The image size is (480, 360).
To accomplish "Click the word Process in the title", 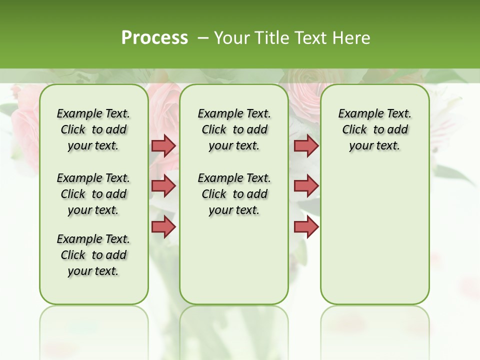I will pos(154,38).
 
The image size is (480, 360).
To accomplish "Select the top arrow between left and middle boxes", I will pos(163,145).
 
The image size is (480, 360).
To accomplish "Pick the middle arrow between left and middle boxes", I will pos(163,186).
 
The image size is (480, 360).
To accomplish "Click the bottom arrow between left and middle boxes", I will pos(163,226).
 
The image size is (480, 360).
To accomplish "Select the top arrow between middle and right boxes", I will pos(306,145).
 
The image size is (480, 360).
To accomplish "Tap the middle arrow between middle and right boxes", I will pos(306,186).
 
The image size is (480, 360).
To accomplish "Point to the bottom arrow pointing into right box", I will pos(306,226).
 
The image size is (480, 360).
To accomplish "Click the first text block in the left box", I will pos(93,129).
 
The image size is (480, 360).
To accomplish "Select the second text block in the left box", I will pos(93,194).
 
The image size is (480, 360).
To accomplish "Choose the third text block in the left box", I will pos(93,255).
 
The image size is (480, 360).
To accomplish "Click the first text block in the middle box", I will pos(234,129).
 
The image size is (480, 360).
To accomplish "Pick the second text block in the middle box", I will pos(234,194).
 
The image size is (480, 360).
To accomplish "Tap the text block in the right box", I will pos(374,129).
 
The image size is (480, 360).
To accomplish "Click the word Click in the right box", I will pos(354,129).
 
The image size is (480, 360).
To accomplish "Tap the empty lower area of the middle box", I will pos(234,260).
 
